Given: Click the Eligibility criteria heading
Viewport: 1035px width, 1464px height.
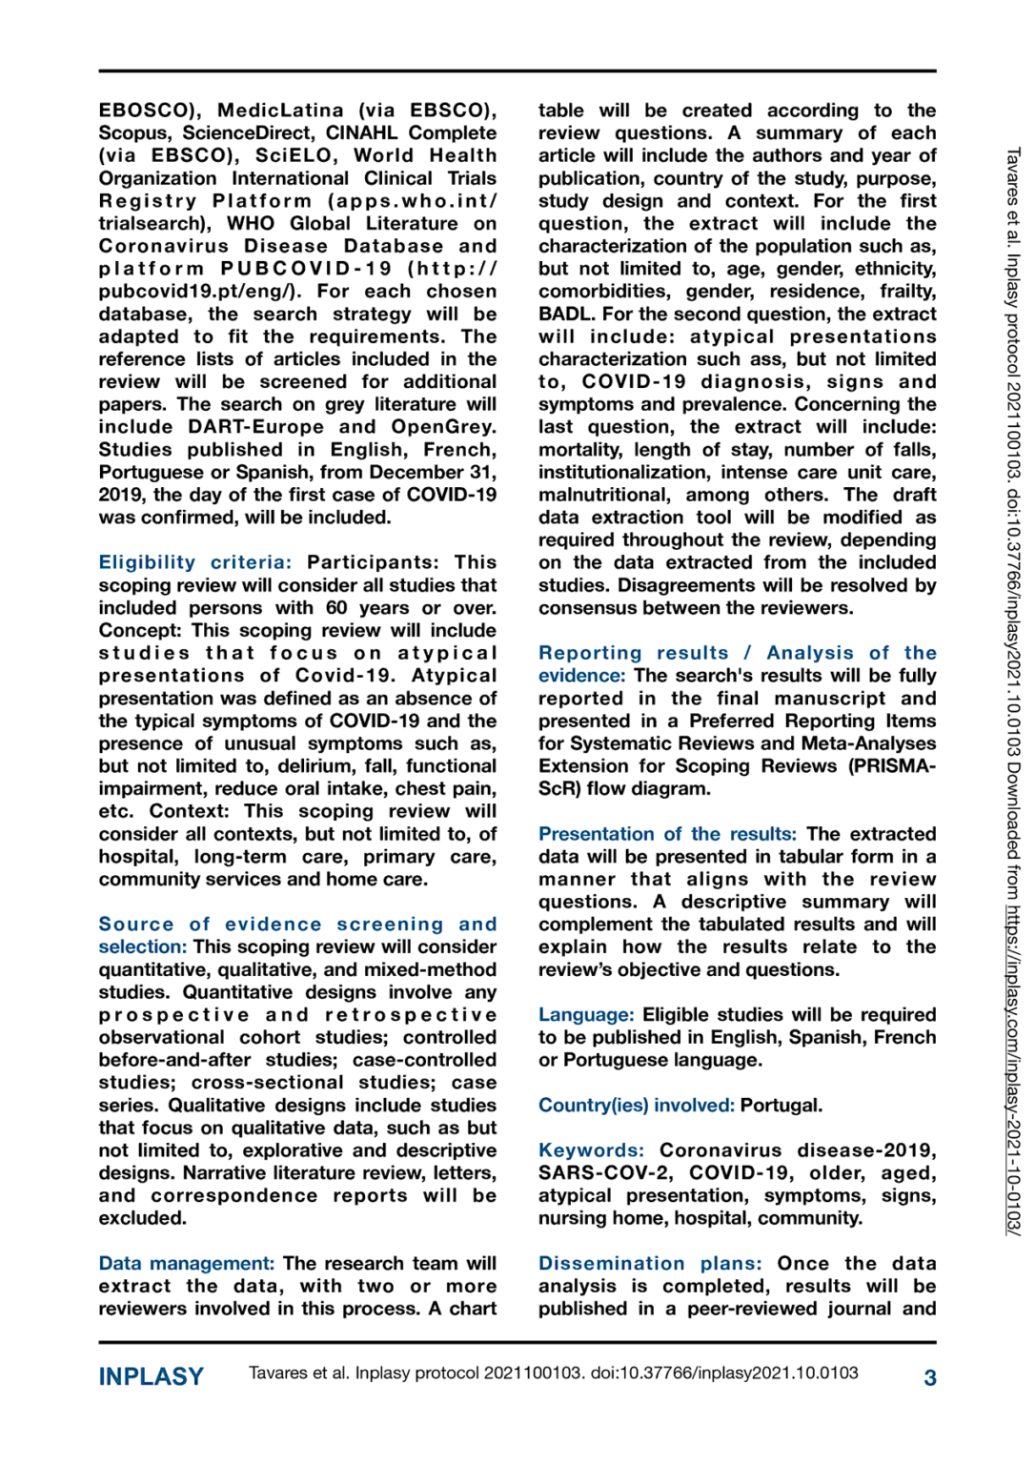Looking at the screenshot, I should pyautogui.click(x=194, y=562).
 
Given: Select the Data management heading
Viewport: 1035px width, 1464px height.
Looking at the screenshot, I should pyautogui.click(x=186, y=1263).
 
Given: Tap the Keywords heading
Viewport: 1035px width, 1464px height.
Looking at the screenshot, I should pyautogui.click(x=591, y=1150).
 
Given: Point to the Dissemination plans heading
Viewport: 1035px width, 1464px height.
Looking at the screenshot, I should pyautogui.click(x=649, y=1263).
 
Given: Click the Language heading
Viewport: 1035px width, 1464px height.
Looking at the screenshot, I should pyautogui.click(x=585, y=1014).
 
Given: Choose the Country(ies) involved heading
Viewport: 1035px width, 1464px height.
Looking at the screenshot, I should pyautogui.click(x=636, y=1105).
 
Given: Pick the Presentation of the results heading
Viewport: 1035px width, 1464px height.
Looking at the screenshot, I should pyautogui.click(x=666, y=834).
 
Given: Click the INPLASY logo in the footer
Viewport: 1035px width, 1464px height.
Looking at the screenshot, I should pyautogui.click(x=152, y=1376).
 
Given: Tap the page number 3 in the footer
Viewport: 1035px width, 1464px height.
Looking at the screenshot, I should pyautogui.click(x=929, y=1377).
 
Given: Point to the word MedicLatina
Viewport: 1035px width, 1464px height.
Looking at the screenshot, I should pyautogui.click(x=280, y=111).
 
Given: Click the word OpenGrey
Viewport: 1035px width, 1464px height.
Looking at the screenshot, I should pyautogui.click(x=442, y=427).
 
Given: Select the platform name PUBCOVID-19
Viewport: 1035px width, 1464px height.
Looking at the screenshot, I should pyautogui.click(x=306, y=269).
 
